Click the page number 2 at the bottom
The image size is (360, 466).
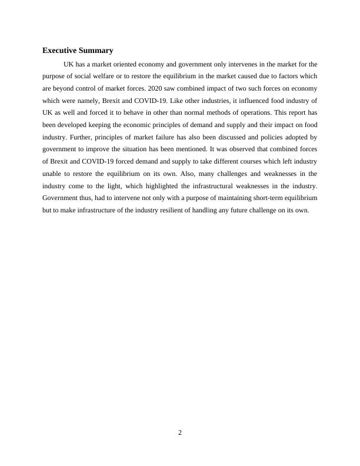(x=180, y=433)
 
